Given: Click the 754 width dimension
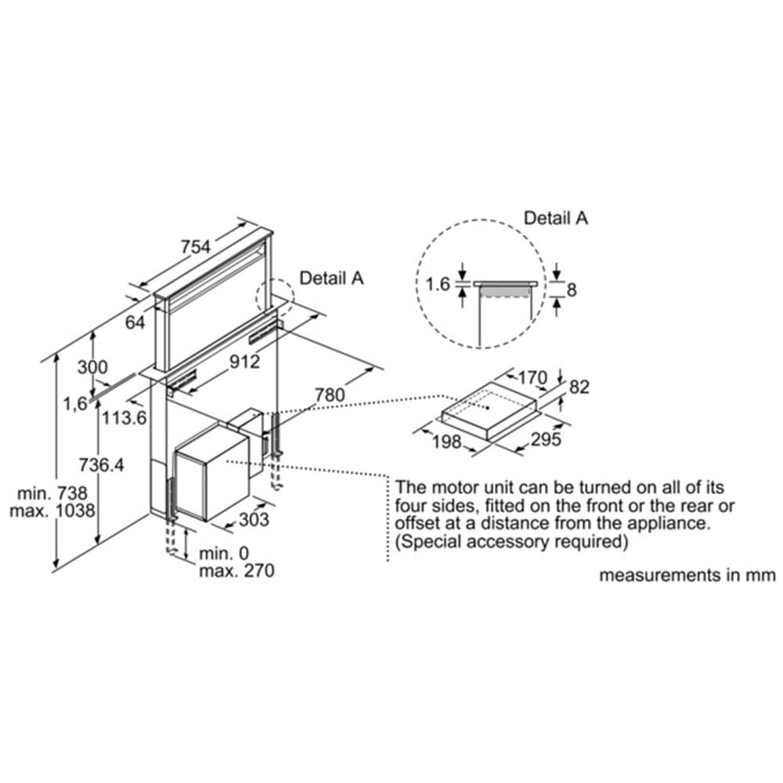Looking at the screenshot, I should point(195,247).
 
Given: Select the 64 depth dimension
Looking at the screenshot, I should point(135,322).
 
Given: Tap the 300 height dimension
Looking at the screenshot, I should point(93,367).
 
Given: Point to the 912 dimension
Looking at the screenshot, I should point(244,362).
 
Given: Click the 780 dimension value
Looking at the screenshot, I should point(329,395).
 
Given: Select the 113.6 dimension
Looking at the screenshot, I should point(124,418).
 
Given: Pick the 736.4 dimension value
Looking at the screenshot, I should point(102,464).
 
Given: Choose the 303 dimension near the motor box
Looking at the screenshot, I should point(254,519).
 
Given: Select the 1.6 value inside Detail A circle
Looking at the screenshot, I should point(439,284).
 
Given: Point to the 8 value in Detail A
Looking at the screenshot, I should point(571,290).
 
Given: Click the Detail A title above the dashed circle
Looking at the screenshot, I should point(555,218).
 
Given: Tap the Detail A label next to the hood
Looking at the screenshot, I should point(332,277).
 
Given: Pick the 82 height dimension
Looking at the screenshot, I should point(580,386).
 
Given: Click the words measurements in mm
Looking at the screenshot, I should point(687,576).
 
